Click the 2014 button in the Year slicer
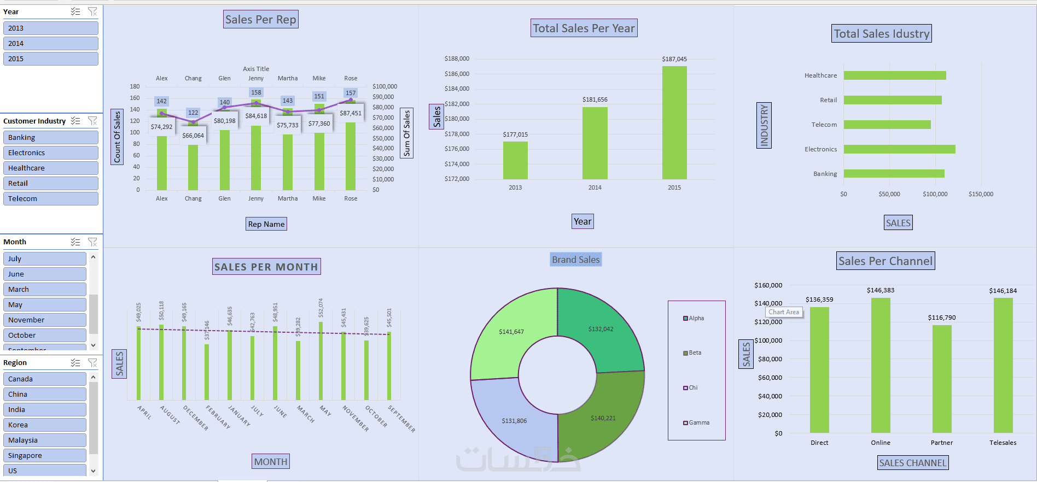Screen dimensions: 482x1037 point(50,43)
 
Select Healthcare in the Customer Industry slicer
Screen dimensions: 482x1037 point(50,168)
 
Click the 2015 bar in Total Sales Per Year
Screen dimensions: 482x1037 point(674,123)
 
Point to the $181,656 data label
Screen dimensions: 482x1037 point(595,99)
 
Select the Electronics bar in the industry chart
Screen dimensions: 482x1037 point(899,149)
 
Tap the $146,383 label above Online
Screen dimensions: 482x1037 point(880,290)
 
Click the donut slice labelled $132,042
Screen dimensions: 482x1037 point(601,329)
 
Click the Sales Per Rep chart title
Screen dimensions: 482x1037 point(261,20)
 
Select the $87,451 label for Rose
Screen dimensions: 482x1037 point(351,113)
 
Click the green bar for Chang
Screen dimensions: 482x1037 point(193,167)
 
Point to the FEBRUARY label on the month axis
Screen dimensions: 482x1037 point(218,417)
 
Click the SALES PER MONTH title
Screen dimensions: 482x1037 point(266,267)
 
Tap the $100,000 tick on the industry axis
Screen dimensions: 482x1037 point(935,194)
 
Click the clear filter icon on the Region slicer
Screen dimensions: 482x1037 point(92,362)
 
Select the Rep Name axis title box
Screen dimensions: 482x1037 point(266,224)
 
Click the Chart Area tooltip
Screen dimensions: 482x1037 point(784,312)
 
